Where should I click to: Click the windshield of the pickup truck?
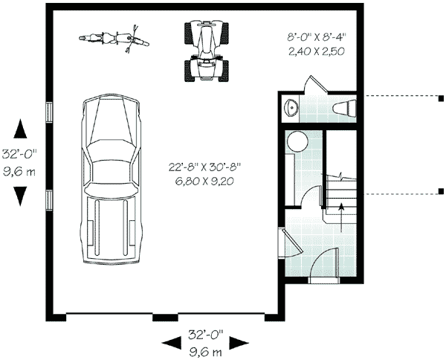tap(111, 149)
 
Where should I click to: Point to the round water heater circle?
tap(297, 141)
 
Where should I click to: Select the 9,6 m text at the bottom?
tap(205, 351)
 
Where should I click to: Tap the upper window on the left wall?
tap(49, 111)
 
